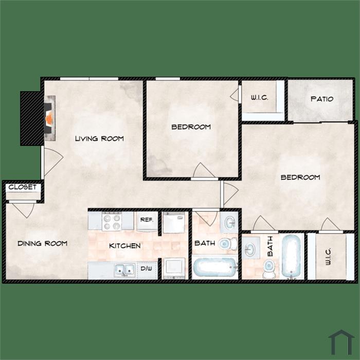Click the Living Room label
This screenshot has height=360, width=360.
[x=99, y=138]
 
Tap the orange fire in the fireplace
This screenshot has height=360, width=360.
[x=49, y=118]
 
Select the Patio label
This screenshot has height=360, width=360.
[x=322, y=99]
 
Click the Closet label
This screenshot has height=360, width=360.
[x=23, y=187]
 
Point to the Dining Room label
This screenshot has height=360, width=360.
[x=43, y=243]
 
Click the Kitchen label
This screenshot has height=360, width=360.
[x=125, y=246]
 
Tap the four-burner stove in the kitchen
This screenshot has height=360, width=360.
[x=112, y=221]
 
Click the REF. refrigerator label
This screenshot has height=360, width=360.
[x=147, y=220]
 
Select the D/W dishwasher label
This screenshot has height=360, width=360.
[x=146, y=268]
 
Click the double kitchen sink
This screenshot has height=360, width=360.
[x=124, y=270]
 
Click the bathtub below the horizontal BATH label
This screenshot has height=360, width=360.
[x=215, y=267]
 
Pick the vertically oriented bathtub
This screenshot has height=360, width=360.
[x=291, y=256]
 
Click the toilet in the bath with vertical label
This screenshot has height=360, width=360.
[x=268, y=268]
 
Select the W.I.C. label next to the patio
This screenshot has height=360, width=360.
[x=259, y=98]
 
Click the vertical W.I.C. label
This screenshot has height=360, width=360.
[x=328, y=256]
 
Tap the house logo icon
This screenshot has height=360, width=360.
[x=341, y=342]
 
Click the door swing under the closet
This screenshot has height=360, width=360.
[x=24, y=210]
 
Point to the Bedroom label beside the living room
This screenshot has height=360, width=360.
[x=191, y=127]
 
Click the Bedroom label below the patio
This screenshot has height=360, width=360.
[x=300, y=177]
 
